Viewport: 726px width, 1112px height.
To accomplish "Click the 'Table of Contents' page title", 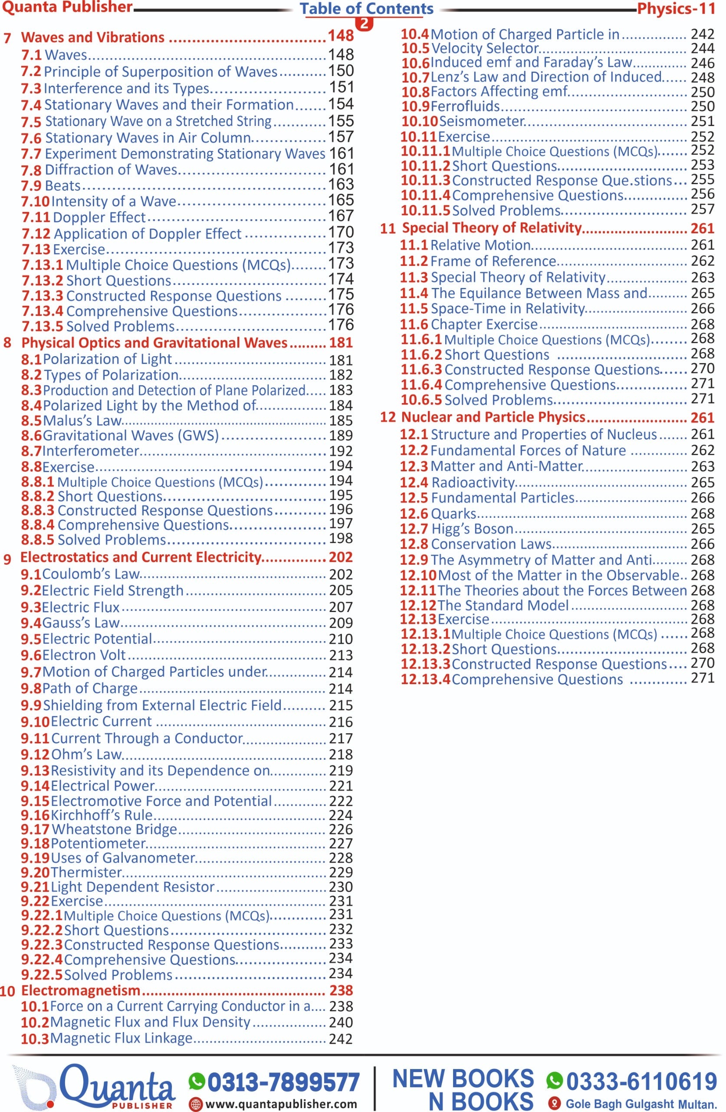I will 367,8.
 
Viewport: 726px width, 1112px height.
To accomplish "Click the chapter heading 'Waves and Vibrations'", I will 93,37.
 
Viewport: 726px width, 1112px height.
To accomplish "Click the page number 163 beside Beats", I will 341,185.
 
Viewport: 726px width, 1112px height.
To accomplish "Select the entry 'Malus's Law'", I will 82,420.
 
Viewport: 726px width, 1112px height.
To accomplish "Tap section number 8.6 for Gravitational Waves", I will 31,436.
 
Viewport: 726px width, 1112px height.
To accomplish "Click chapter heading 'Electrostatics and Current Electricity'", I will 140,557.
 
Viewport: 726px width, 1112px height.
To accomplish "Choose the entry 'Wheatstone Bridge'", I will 114,829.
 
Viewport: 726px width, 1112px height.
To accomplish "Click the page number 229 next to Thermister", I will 341,872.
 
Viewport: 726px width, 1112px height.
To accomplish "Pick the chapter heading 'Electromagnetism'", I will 81,990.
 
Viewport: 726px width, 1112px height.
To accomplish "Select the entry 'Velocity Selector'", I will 485,48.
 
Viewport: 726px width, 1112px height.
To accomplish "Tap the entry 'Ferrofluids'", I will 465,106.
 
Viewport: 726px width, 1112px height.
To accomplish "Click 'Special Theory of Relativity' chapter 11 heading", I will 492,228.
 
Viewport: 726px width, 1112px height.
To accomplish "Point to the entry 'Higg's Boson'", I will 472,529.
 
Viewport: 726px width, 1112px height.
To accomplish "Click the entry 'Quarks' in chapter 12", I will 453,513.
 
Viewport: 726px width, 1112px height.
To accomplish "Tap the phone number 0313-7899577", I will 283,1082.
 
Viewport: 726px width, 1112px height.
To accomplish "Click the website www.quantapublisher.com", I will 281,1104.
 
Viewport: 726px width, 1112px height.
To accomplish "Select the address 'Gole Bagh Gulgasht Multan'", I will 641,1104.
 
